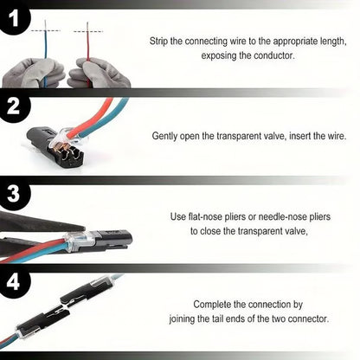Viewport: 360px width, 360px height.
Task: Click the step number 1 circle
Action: [x=15, y=17]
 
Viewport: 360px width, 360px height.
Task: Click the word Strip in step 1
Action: [x=160, y=40]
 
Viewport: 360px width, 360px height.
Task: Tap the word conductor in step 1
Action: [x=273, y=55]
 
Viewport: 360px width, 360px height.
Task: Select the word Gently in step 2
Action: [x=167, y=136]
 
